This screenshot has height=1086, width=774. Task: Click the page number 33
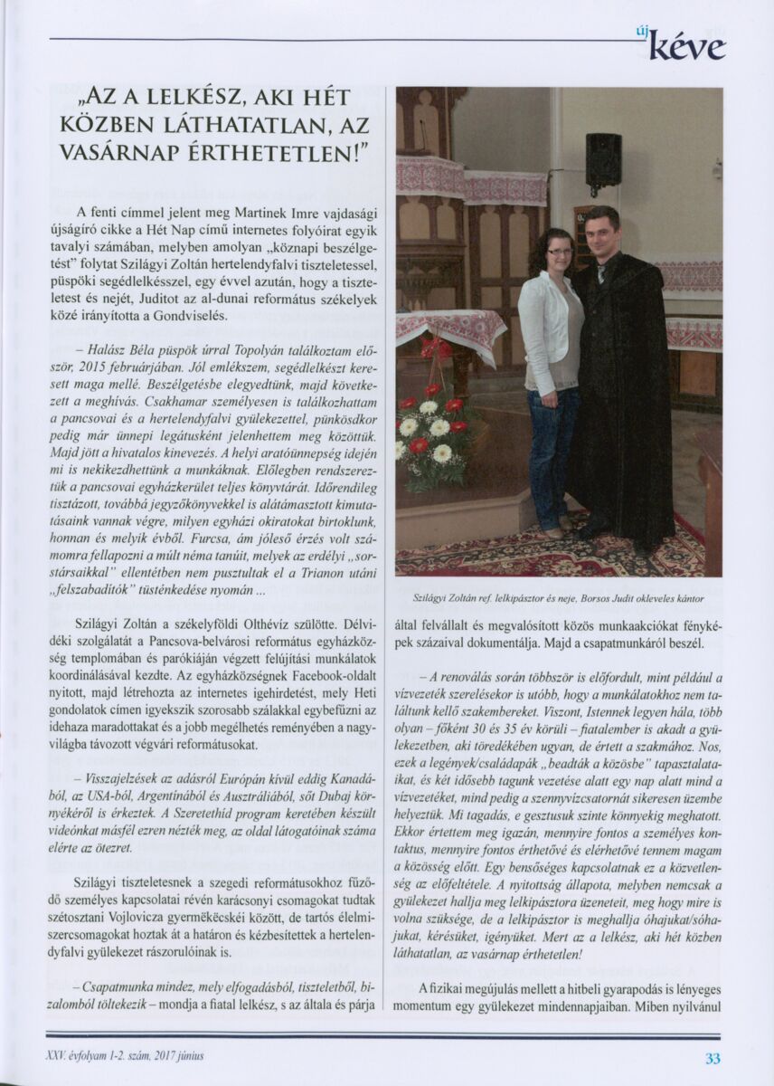(x=713, y=1057)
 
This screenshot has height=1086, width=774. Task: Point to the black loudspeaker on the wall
(x=603, y=160)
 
